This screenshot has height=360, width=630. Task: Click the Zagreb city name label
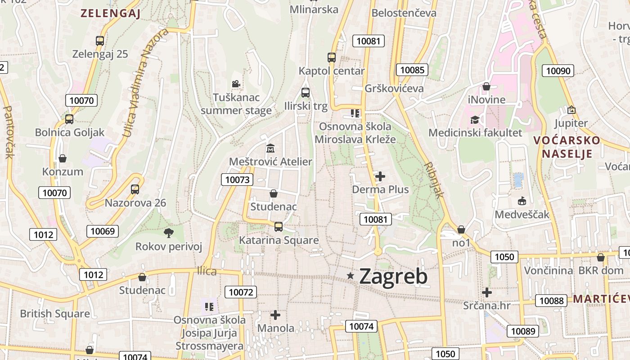coord(393,276)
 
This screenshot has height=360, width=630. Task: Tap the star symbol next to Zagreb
coord(351,275)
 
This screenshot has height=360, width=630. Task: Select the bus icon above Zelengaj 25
coord(100,41)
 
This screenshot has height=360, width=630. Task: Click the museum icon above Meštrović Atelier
coord(270,148)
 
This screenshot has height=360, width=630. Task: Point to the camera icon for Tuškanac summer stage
coord(236,84)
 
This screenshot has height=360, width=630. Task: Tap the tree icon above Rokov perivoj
coord(169,233)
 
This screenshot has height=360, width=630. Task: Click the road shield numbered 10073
coord(237,180)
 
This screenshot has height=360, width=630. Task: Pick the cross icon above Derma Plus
coord(380,176)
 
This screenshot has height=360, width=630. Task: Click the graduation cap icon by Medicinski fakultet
coord(475,120)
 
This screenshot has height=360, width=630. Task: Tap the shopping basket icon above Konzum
coord(63,158)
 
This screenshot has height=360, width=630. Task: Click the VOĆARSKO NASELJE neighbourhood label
coord(567,147)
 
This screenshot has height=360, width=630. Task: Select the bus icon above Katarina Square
coord(279,227)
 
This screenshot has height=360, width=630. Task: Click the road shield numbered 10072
coord(241,292)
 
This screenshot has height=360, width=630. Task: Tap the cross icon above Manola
coord(275,315)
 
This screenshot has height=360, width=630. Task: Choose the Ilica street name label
coord(207,271)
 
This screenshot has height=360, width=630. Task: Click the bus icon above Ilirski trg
coord(306,93)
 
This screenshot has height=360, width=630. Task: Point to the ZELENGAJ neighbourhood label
coord(111,13)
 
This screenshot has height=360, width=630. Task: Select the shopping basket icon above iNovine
coord(486,86)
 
